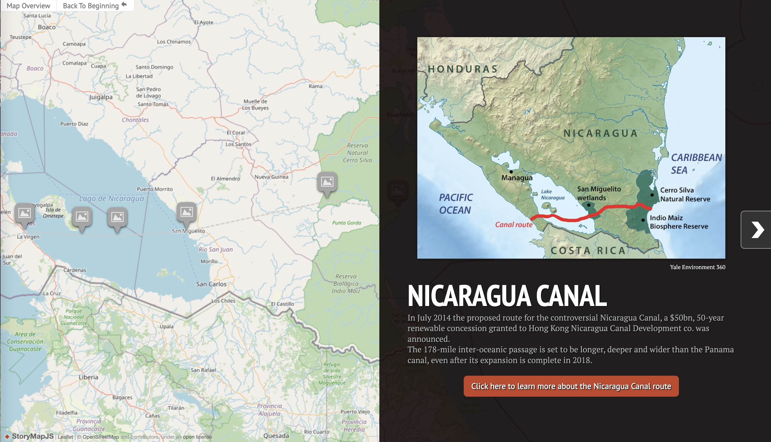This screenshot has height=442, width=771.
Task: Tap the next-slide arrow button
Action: [757, 229]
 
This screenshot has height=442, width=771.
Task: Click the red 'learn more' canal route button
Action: [571, 386]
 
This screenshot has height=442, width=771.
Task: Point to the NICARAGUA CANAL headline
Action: [507, 296]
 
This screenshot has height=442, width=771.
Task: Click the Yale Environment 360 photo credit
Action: [697, 267]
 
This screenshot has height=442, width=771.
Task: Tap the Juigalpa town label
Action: [101, 97]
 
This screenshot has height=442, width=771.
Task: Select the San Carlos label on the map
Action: [211, 284]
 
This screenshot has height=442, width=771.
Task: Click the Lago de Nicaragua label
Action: [111, 198]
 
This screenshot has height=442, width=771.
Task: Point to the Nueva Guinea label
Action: [271, 177]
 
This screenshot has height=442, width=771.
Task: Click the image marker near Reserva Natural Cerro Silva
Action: [327, 182]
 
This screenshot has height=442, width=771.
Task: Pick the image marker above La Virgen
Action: [24, 213]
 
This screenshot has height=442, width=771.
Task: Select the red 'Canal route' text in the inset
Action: [513, 225]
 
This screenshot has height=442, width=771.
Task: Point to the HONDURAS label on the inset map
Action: [462, 69]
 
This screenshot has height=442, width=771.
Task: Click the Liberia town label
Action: [88, 377]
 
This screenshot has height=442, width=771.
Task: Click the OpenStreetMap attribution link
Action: [101, 437]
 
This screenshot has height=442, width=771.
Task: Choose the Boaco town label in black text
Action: [46, 27]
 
